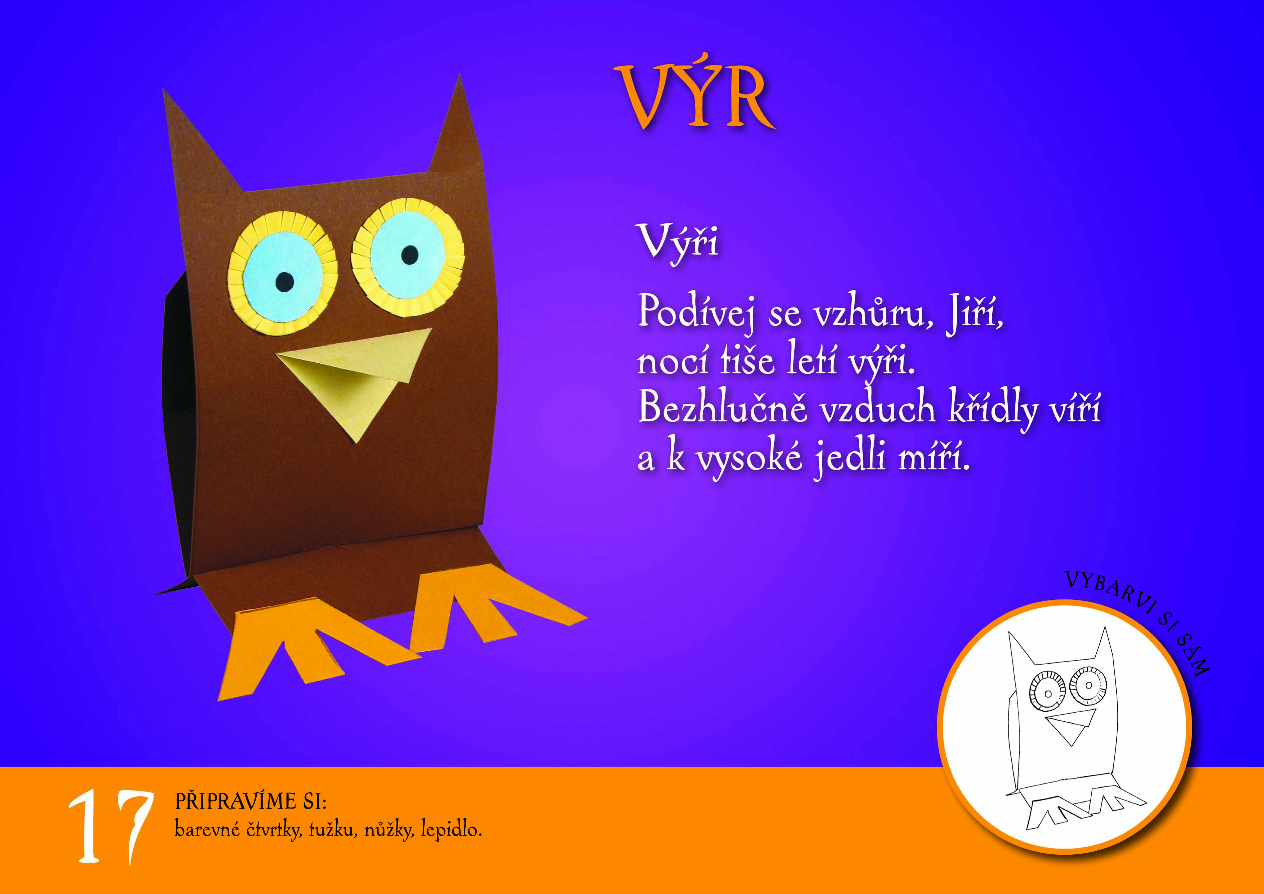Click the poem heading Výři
click(x=678, y=242)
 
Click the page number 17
click(x=110, y=827)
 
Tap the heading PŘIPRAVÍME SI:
click(x=250, y=801)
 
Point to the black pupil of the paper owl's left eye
click(x=285, y=282)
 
